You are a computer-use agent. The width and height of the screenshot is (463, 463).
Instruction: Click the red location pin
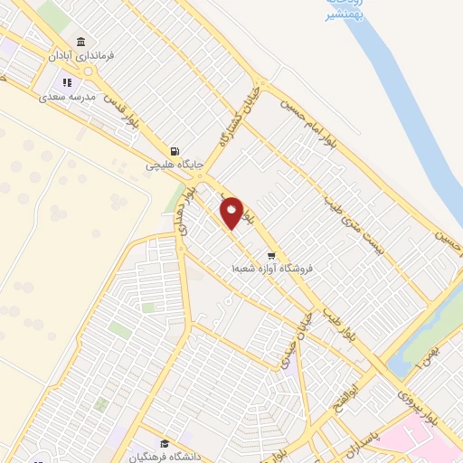[232, 212]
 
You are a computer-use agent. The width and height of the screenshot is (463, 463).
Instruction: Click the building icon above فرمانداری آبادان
[81, 43]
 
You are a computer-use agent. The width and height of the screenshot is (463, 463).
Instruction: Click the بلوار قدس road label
[119, 108]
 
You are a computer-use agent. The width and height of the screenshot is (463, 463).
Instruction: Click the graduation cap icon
[164, 443]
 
